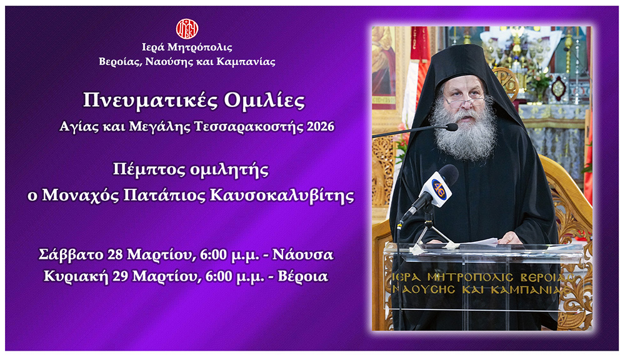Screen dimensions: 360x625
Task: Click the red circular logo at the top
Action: tap(187, 28)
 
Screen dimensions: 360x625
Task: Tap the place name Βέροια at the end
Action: tap(306, 276)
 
